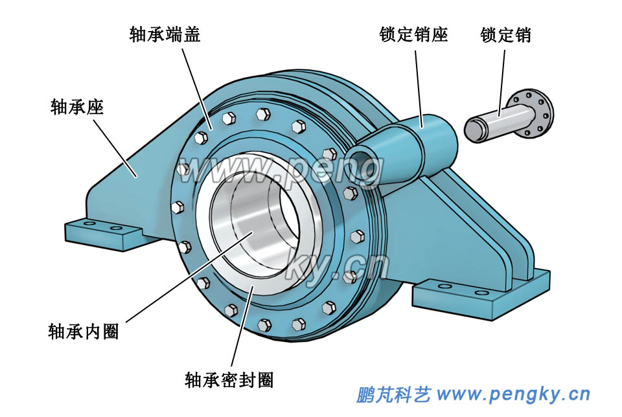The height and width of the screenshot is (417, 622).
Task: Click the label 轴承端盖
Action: click(165, 34)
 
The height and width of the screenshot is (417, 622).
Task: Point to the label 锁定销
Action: click(505, 34)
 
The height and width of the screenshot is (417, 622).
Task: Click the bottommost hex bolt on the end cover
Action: click(264, 326)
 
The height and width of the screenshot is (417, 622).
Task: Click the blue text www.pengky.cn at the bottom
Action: click(513, 394)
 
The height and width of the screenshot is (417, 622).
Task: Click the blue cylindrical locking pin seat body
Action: click(428, 139)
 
